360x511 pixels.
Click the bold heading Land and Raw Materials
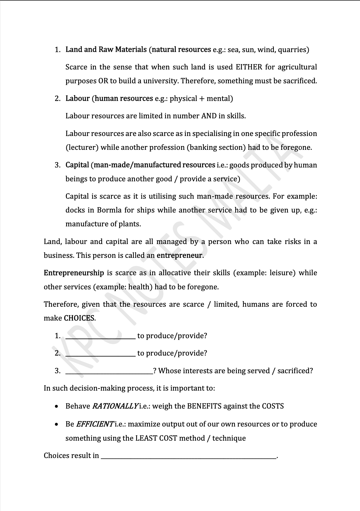106,49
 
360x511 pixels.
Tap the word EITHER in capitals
249,67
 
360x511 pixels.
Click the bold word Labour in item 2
77,98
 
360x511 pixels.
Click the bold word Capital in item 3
77,165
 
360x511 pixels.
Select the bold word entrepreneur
179,255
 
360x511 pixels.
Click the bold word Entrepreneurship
74,273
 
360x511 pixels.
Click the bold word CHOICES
79,318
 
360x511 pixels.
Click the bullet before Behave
56,407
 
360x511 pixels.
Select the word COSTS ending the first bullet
273,406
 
